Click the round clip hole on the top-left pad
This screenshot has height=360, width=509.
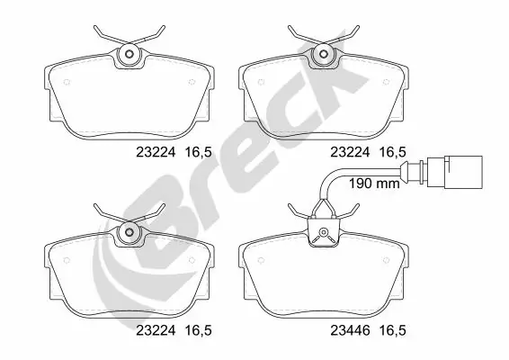tap(129, 56)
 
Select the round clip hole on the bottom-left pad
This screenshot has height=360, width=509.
tap(129, 233)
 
